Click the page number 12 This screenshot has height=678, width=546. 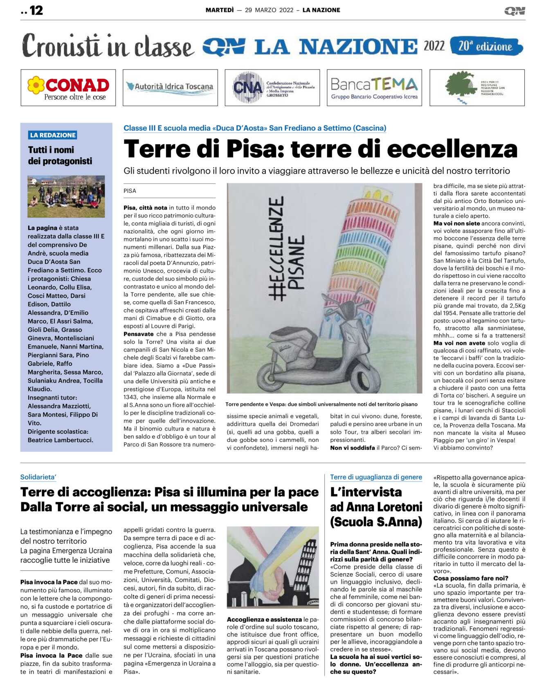(36, 10)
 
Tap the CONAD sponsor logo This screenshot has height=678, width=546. (68, 88)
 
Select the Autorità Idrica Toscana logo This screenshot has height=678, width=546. (170, 87)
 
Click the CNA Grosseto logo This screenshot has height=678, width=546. (272, 88)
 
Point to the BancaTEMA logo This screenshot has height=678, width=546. (374, 88)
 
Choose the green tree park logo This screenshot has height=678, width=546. (477, 88)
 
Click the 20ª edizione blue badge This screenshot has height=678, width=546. (486, 46)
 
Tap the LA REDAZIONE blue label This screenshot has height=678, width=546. (53, 135)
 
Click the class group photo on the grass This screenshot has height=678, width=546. (66, 196)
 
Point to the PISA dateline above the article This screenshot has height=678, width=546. (130, 191)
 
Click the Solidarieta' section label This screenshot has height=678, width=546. (38, 477)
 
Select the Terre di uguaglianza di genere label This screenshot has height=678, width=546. (376, 477)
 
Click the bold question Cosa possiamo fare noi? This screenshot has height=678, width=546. (471, 578)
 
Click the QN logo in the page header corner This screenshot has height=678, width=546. (515, 11)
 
